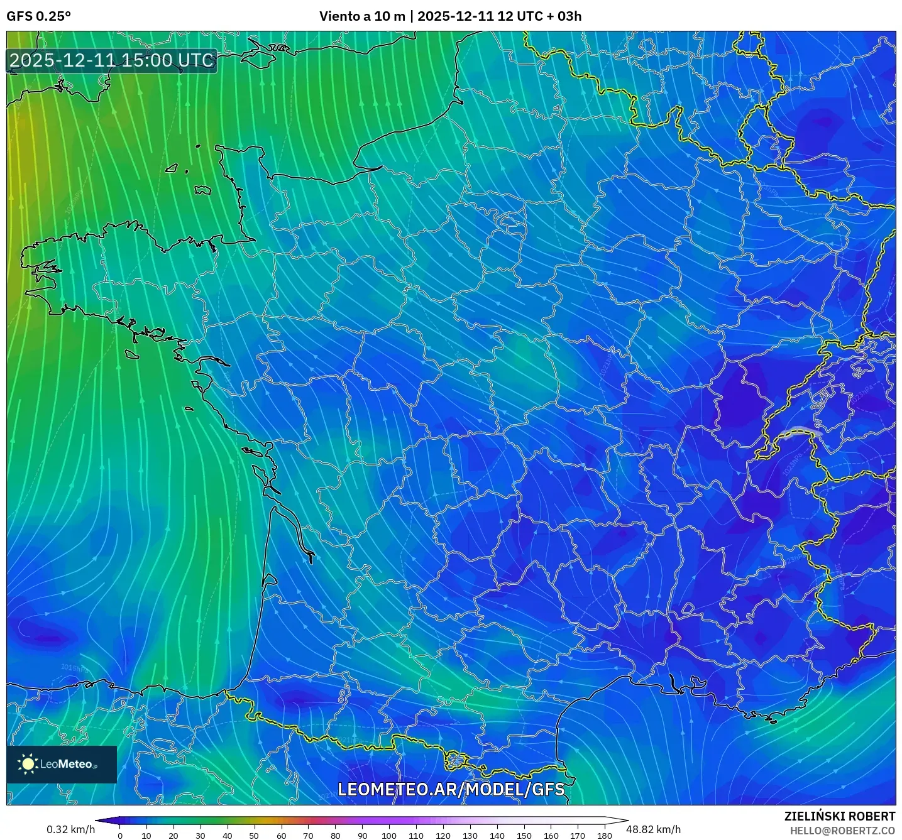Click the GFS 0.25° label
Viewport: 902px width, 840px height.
[38, 16]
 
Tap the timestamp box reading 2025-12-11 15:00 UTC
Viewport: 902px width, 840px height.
[112, 60]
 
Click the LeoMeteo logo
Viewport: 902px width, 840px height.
[62, 764]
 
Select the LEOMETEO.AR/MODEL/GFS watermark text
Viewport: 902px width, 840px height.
[451, 789]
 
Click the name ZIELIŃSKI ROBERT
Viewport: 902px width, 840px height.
[840, 816]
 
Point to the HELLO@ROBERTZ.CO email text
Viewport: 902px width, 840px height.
[842, 831]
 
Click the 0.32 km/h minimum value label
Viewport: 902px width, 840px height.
[70, 829]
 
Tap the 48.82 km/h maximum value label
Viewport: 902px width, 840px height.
[654, 829]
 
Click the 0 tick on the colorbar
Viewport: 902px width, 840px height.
[120, 836]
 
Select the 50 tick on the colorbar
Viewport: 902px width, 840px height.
[254, 836]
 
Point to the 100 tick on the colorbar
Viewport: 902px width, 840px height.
[389, 836]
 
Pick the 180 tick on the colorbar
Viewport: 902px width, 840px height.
[605, 836]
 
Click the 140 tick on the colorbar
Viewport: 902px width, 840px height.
[497, 836]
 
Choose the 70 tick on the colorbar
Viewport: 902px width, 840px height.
[308, 836]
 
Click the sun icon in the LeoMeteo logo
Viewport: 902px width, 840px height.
[28, 764]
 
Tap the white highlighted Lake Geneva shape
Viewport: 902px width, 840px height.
[798, 431]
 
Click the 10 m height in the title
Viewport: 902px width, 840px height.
[390, 16]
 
